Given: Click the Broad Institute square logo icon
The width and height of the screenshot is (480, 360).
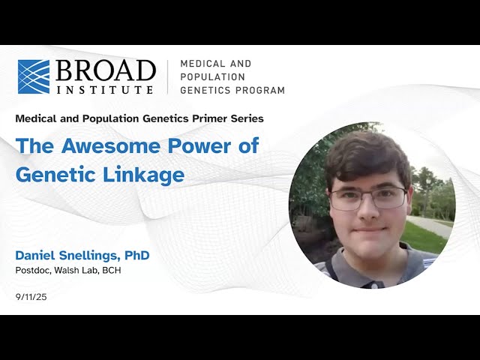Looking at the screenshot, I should (x=34, y=76).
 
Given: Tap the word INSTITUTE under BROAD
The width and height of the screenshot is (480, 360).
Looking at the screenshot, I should (x=103, y=89).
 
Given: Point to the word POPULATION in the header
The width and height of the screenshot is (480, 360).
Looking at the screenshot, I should (x=212, y=77).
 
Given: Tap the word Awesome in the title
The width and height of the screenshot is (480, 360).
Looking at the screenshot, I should (x=100, y=145).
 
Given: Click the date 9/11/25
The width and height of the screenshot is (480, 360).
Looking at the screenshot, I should (x=31, y=298).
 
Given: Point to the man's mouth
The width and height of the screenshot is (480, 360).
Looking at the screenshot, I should (x=367, y=229).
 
